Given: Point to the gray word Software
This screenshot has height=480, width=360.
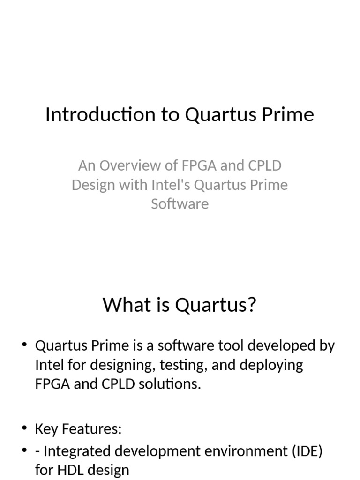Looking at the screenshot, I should click(180, 203).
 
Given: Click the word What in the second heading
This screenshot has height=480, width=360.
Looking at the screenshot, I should click(122, 305).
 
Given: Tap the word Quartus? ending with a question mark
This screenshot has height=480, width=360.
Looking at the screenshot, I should click(216, 305).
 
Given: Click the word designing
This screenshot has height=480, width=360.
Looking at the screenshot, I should click(116, 365).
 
